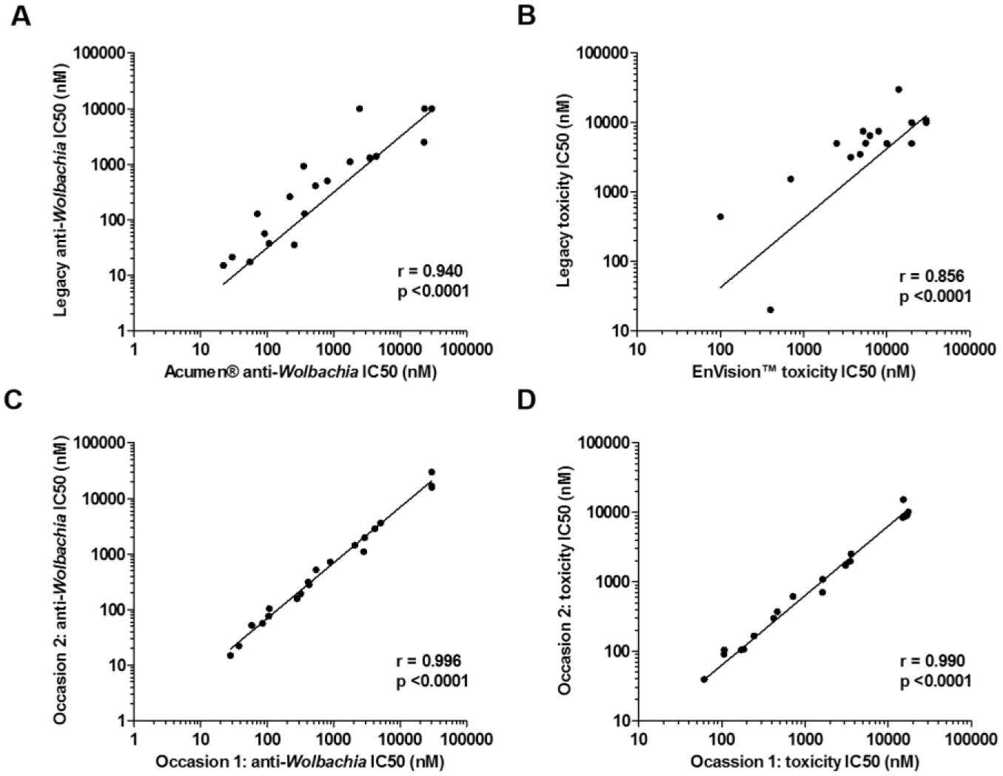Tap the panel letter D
click(x=526, y=401)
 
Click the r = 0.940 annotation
click(x=430, y=272)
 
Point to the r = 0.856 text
click(x=931, y=276)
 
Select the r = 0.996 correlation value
click(x=429, y=660)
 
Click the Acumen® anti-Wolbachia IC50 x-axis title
click(x=301, y=372)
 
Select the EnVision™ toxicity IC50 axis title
click(x=804, y=372)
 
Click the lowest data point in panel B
click(x=771, y=310)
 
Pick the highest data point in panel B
click(x=899, y=90)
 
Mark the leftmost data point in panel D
click(x=704, y=680)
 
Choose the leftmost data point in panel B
click(x=720, y=216)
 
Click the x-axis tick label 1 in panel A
click(x=134, y=350)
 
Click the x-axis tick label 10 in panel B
click(x=637, y=350)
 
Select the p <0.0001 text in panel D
click(x=936, y=681)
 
